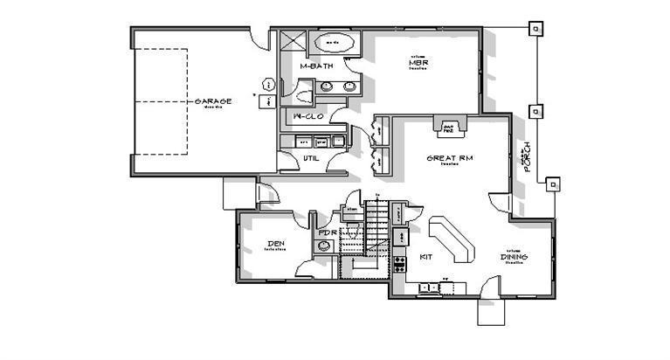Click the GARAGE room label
tap(212, 101)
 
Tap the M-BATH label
tap(314, 66)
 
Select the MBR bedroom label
tap(416, 63)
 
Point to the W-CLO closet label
tap(307, 116)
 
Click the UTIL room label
tap(311, 157)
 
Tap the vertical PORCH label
tap(526, 158)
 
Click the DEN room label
tap(276, 244)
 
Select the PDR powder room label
tap(328, 232)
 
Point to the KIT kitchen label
tap(426, 257)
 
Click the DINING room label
tap(513, 257)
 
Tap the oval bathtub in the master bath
tap(334, 41)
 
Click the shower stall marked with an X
tap(294, 40)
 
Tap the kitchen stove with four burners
tap(399, 261)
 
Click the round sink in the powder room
tap(323, 246)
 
